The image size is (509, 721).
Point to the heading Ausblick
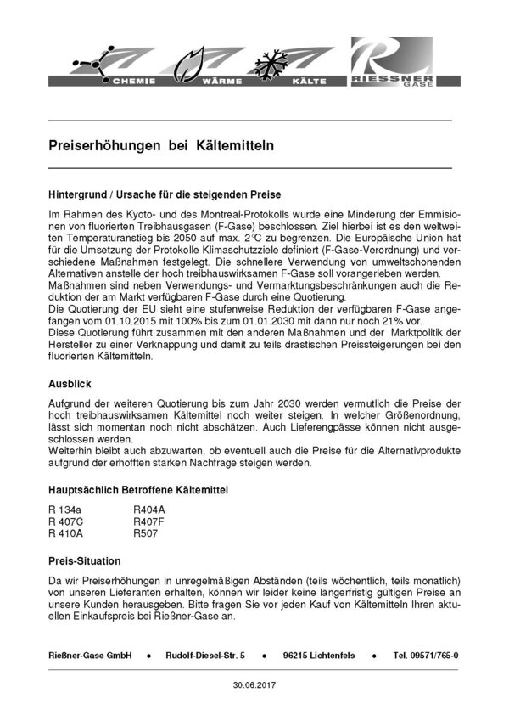[70, 384]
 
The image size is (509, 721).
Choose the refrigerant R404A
[148, 510]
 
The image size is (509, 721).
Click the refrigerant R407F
[148, 522]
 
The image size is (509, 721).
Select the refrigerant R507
[145, 535]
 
